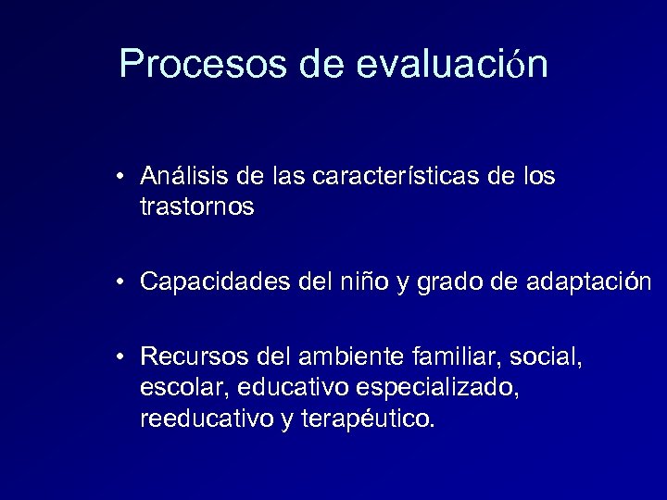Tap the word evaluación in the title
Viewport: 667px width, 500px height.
[x=451, y=65]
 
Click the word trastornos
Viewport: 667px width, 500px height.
[x=196, y=207]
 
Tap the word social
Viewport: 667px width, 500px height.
[x=552, y=356]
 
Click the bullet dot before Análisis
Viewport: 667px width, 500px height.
[x=122, y=177]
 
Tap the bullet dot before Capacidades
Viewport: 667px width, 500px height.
[x=122, y=283]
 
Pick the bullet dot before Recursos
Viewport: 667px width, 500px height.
[x=122, y=357]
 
